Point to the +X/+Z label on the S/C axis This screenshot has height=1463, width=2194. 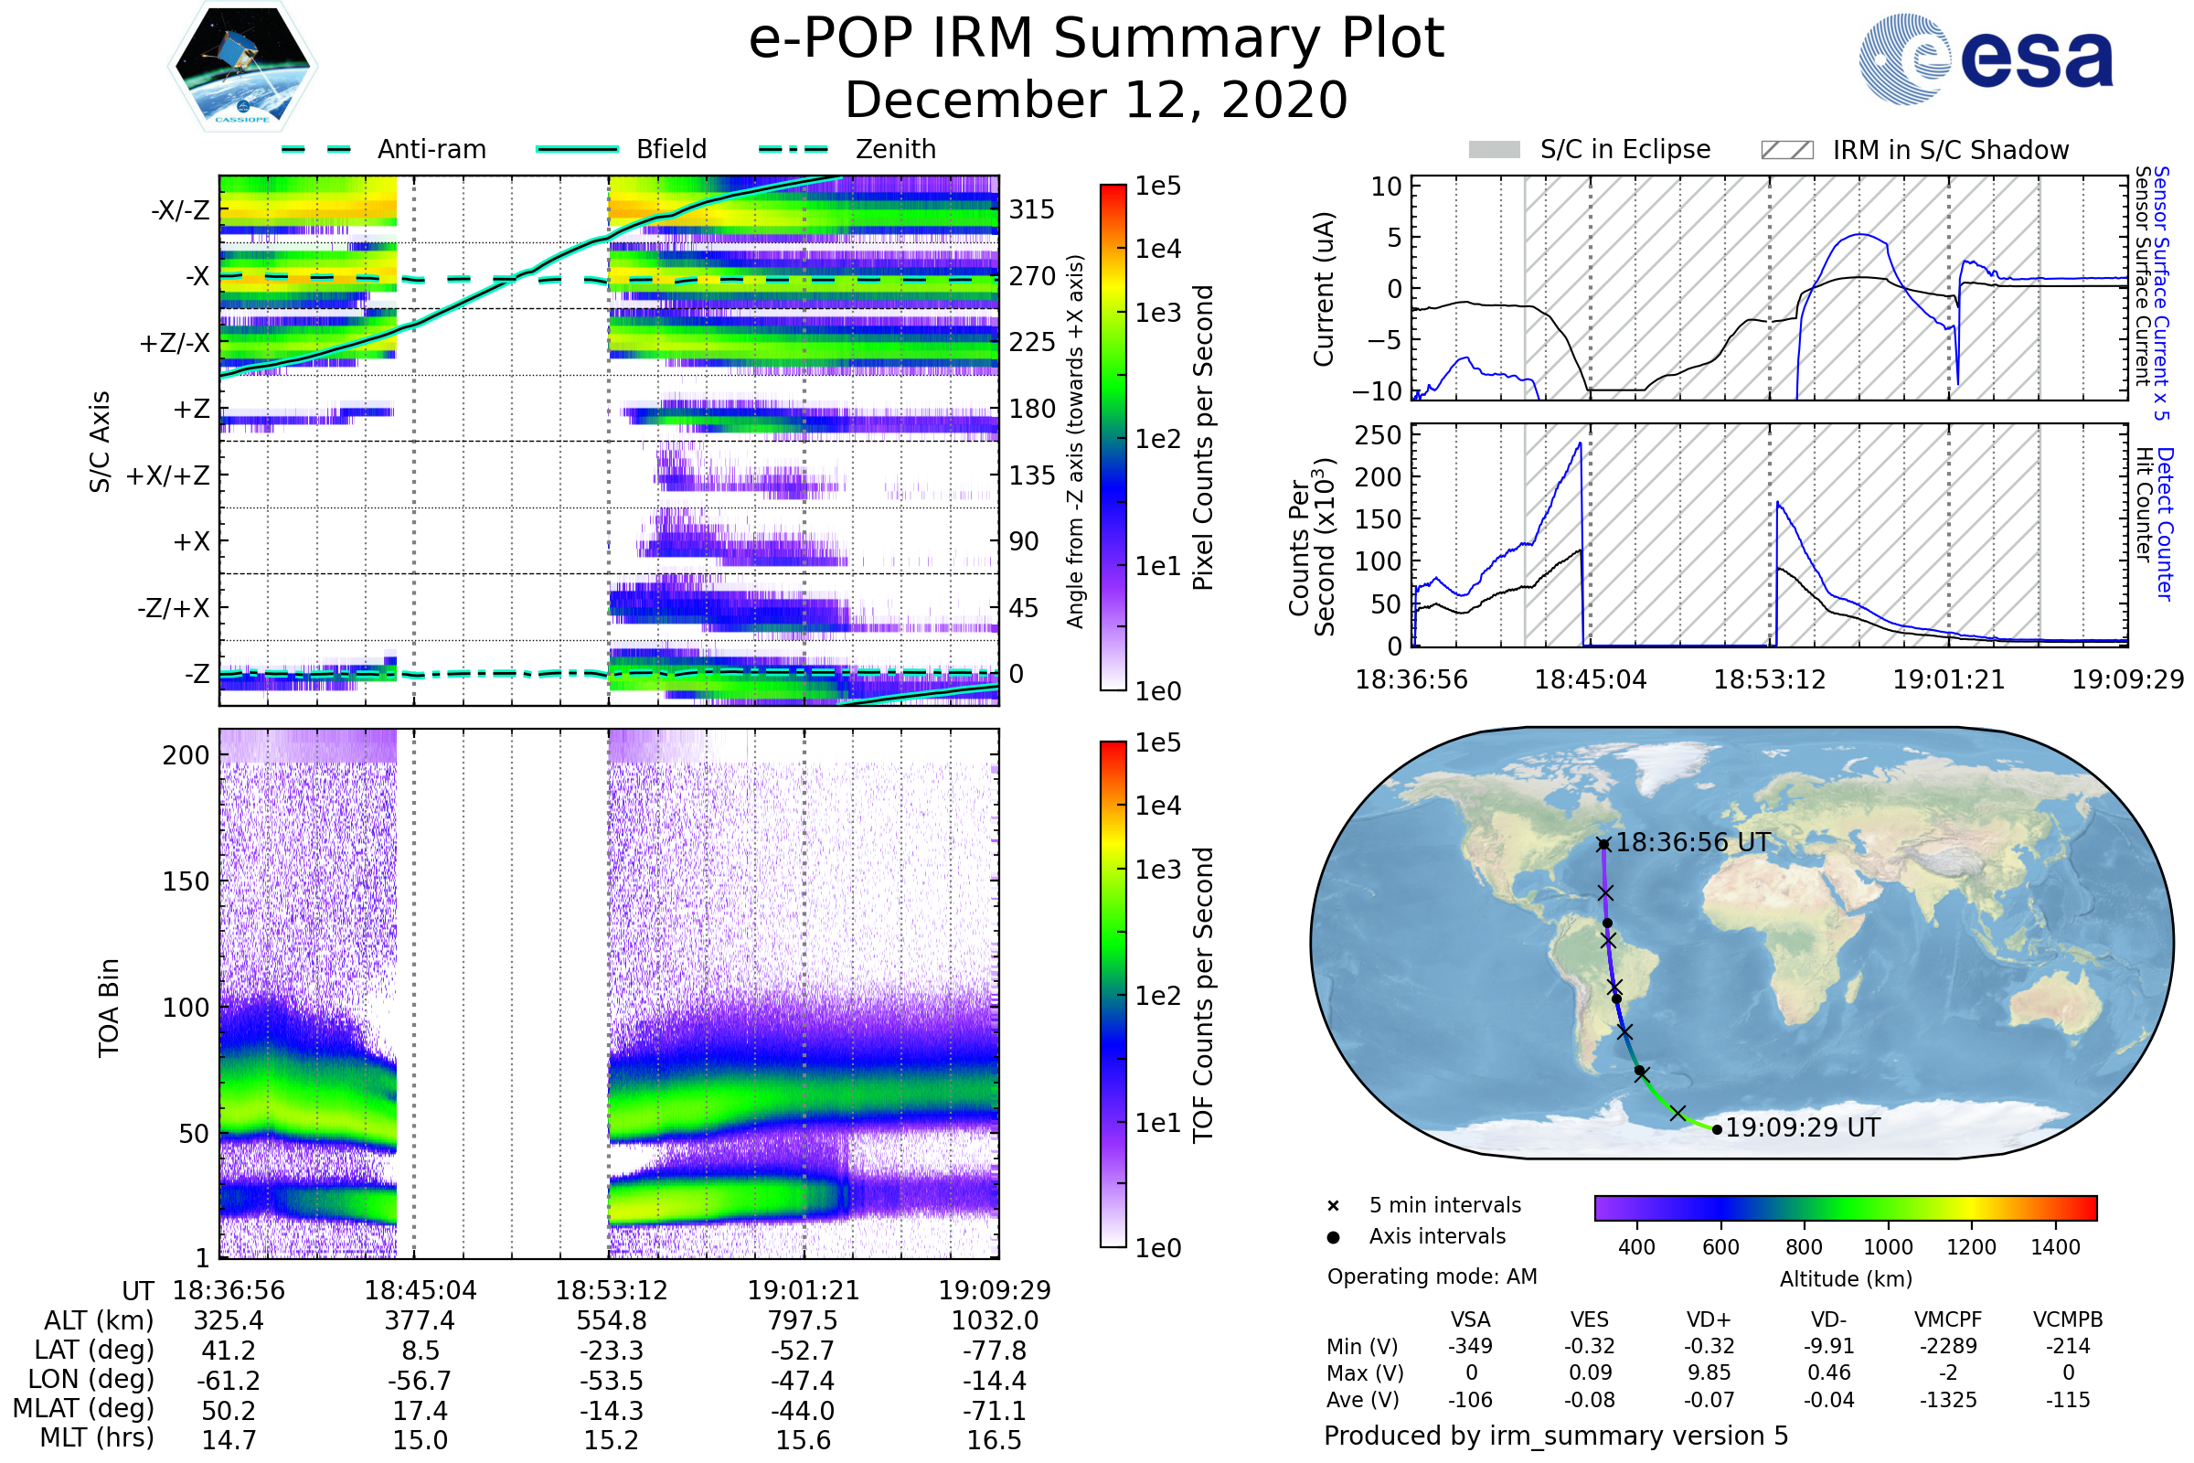point(168,475)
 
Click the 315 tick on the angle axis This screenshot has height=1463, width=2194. point(1032,209)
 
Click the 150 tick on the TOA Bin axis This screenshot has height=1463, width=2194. point(186,881)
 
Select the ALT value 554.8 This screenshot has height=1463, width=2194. point(611,1320)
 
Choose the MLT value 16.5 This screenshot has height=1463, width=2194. point(994,1439)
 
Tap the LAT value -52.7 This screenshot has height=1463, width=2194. point(803,1351)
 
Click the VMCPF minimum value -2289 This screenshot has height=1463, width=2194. point(1948,1346)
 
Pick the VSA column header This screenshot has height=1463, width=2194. point(1470,1319)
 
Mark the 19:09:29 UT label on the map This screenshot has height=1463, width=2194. point(1801,1127)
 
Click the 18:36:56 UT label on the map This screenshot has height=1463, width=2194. point(1692,842)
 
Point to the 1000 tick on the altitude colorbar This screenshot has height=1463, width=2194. point(1887,1246)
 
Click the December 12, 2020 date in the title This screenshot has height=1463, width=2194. point(1096,100)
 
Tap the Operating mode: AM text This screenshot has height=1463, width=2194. point(1431,1276)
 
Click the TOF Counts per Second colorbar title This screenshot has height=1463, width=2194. point(1203,995)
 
